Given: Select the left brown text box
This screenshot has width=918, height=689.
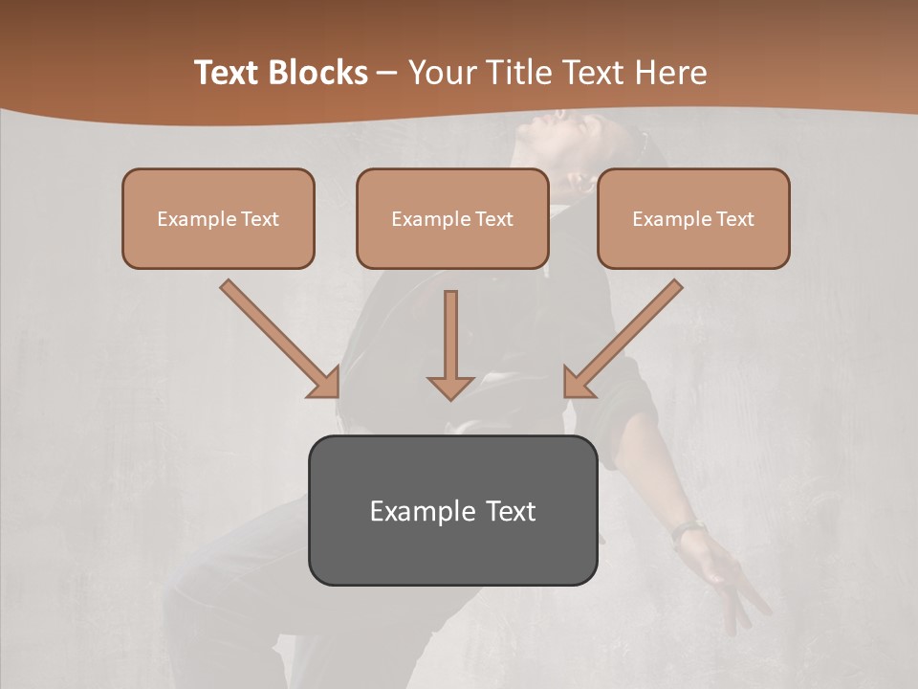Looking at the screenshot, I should click(218, 218).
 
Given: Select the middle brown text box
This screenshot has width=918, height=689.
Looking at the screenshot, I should click(452, 218).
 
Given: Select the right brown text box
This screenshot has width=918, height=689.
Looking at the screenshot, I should click(693, 218).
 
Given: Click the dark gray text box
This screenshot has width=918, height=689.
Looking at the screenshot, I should click(452, 510).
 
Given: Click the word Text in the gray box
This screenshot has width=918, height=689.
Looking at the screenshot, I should click(511, 511).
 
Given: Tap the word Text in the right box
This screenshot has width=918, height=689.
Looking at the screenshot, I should click(734, 219).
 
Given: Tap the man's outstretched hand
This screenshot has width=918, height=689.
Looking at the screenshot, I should click(732, 579).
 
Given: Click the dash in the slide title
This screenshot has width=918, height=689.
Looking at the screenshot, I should click(387, 73).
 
